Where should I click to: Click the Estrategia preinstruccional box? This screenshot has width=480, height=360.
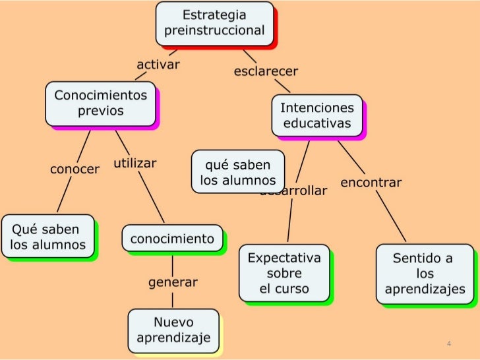[214, 23]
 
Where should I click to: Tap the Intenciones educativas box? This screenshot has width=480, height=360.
[317, 115]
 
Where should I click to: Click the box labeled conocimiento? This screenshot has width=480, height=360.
[172, 239]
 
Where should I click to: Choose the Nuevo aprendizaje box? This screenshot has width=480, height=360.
[173, 330]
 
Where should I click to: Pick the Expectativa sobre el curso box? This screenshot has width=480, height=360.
[284, 273]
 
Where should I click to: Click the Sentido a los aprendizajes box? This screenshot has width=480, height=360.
[424, 274]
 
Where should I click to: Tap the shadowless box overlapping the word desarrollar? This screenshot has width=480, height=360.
[237, 171]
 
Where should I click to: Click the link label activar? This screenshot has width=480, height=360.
[158, 65]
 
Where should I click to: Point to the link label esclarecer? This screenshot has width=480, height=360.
[266, 71]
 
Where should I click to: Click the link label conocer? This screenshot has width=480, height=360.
[75, 169]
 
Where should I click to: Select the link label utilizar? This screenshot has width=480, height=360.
[135, 162]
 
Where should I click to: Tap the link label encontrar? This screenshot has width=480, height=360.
[371, 183]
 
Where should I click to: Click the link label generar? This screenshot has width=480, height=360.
[173, 282]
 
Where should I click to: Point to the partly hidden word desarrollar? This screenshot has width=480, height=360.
[303, 192]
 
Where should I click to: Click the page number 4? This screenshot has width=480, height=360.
[448, 344]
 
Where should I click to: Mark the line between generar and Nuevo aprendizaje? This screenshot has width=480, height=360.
[173, 299]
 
